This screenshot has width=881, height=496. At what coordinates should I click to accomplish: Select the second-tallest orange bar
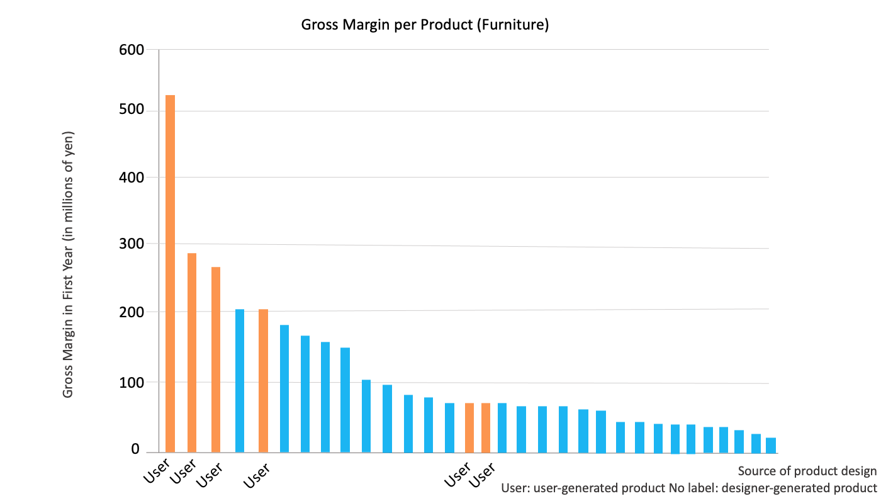click(191, 352)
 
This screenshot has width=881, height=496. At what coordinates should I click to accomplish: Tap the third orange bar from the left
click(216, 359)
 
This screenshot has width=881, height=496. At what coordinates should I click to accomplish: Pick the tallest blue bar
click(240, 380)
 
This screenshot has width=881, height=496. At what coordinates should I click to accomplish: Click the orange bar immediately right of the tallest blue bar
click(263, 380)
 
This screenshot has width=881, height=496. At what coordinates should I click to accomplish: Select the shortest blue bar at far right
click(770, 444)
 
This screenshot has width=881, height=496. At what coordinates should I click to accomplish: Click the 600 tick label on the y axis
click(131, 50)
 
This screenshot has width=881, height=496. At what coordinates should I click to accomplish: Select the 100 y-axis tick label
click(131, 382)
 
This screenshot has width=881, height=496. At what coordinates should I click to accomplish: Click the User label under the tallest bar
click(157, 473)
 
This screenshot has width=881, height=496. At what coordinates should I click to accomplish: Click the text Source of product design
click(807, 471)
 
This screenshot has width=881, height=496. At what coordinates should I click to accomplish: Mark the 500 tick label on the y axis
click(131, 110)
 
